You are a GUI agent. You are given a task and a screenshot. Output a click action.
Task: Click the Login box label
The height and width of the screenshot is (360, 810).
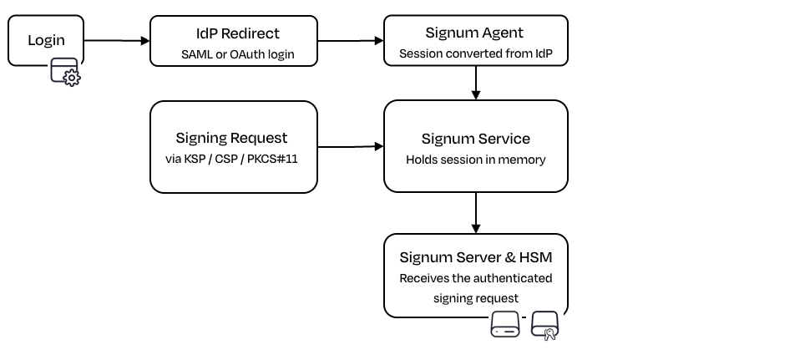point(46,40)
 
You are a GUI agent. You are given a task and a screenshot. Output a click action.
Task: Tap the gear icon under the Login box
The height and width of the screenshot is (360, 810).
point(71,79)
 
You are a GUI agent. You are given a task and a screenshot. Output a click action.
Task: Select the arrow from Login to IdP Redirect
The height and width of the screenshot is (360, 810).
point(117,40)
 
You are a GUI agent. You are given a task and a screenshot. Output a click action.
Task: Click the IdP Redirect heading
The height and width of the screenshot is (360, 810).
point(238,33)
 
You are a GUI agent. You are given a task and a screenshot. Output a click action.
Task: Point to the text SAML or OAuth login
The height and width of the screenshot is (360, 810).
point(238,54)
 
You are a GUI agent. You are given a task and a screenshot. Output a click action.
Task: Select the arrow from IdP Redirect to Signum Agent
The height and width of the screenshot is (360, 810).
point(351,40)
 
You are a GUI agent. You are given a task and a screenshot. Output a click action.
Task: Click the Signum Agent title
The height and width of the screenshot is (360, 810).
point(474,33)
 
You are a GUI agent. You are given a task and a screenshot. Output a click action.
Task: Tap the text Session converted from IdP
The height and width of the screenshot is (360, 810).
point(476,53)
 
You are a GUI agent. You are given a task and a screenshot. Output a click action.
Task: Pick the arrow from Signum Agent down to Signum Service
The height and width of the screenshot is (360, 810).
point(476,83)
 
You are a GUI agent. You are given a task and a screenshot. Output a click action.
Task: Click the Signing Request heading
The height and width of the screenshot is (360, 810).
point(231,138)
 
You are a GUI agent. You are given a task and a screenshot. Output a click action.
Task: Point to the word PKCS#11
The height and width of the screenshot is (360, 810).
point(272,159)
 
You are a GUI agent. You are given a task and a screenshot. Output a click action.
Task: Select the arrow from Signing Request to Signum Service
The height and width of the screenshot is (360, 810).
point(351,147)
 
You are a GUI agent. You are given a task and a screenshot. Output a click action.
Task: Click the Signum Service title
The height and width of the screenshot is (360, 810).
point(476,139)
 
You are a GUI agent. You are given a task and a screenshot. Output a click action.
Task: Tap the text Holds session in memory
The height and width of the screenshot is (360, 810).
point(476,160)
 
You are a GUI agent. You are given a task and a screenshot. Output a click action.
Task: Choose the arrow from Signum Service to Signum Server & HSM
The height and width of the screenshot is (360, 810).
point(476,213)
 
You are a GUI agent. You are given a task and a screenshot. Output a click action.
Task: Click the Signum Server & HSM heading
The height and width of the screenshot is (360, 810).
point(476,257)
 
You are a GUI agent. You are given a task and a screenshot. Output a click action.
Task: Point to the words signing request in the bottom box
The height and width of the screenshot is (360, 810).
point(476,298)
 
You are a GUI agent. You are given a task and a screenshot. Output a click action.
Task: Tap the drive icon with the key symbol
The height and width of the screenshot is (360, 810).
point(545,326)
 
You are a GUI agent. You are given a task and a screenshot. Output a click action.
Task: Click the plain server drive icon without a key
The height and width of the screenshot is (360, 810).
point(504,324)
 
